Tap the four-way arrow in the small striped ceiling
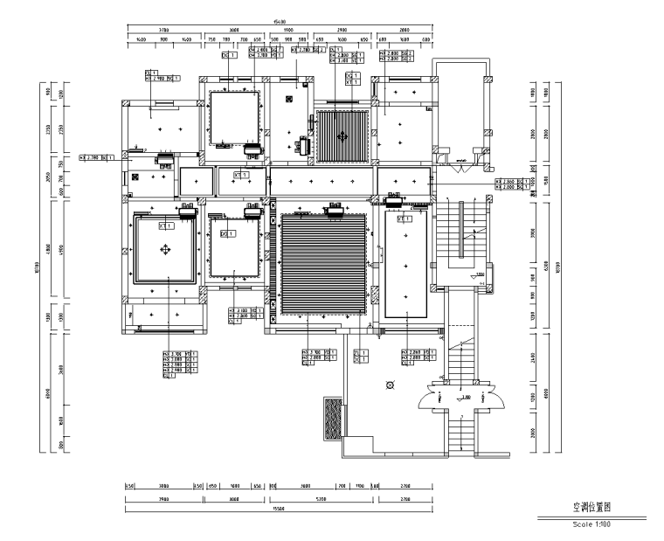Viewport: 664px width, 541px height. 342,136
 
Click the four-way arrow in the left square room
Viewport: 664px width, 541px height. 164,250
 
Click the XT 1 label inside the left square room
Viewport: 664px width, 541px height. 164,225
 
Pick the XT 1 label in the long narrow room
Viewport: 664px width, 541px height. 405,219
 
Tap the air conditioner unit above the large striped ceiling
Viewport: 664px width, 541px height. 333,210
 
